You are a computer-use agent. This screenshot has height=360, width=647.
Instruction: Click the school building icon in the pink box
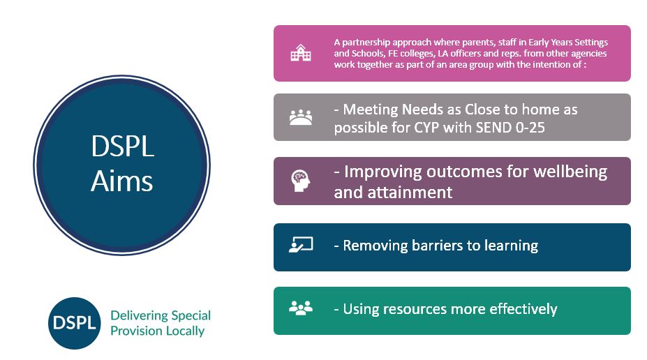click(x=300, y=53)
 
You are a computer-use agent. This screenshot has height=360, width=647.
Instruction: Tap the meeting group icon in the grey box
click(x=301, y=117)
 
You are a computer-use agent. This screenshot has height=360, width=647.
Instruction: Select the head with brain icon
click(x=300, y=181)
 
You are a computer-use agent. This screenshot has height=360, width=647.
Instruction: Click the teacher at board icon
click(x=301, y=245)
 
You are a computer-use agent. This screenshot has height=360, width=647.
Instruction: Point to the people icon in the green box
click(x=301, y=308)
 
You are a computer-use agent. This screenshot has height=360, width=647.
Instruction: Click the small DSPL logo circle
click(x=74, y=323)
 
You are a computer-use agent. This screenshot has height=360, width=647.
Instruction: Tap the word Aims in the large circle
click(x=121, y=181)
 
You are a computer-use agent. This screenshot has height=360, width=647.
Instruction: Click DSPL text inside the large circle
click(x=123, y=147)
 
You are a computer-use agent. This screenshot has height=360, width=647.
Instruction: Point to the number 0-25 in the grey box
click(x=530, y=128)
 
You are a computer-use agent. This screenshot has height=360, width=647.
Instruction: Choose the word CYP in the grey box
click(x=426, y=128)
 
